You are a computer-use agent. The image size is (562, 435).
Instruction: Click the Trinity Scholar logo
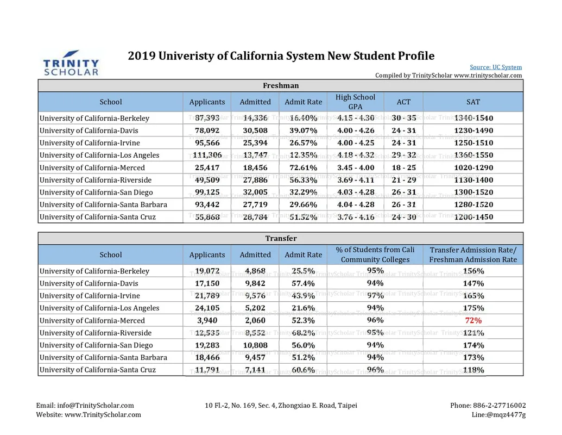tap(71, 63)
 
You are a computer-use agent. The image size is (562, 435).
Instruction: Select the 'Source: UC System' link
tap(496, 67)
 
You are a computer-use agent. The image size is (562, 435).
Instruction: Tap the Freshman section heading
tap(281, 85)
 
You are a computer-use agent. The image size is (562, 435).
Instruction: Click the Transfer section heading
tap(281, 238)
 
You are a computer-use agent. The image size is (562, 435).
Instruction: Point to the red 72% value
tap(473, 320)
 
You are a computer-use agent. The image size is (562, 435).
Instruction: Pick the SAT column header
tap(473, 102)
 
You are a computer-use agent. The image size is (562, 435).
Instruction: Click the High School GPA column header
tap(355, 102)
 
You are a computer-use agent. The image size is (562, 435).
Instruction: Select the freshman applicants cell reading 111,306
tap(207, 155)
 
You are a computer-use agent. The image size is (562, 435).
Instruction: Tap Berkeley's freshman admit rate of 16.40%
tap(303, 118)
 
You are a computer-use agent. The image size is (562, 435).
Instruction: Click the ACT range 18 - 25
tap(403, 167)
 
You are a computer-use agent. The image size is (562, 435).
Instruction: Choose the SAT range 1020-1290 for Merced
tap(473, 167)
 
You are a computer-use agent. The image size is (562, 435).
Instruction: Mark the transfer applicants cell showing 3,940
tap(207, 320)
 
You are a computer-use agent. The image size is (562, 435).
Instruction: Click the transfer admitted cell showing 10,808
tap(255, 345)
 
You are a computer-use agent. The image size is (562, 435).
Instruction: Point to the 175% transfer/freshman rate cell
tap(473, 308)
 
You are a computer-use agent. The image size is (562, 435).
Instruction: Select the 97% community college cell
tap(375, 295)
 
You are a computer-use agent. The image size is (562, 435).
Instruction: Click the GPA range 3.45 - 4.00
tap(356, 167)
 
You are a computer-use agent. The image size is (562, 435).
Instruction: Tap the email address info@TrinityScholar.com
tap(96, 406)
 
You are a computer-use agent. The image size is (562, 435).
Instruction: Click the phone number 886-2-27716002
tap(500, 406)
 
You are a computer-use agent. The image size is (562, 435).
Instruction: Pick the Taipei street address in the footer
tap(281, 406)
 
